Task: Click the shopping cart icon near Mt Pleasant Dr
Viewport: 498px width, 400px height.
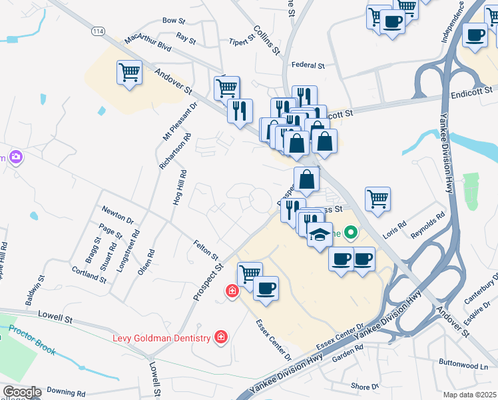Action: (129, 71)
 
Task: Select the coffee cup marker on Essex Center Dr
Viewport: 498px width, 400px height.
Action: (266, 288)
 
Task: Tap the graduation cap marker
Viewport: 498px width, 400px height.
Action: (320, 234)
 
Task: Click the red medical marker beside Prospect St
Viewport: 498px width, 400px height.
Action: (232, 291)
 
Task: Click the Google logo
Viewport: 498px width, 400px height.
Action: (21, 392)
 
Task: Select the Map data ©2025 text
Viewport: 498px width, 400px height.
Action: (469, 395)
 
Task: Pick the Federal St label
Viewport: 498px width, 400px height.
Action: (308, 66)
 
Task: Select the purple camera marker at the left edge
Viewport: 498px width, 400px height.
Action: (15, 158)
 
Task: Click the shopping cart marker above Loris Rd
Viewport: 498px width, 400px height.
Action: (377, 198)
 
